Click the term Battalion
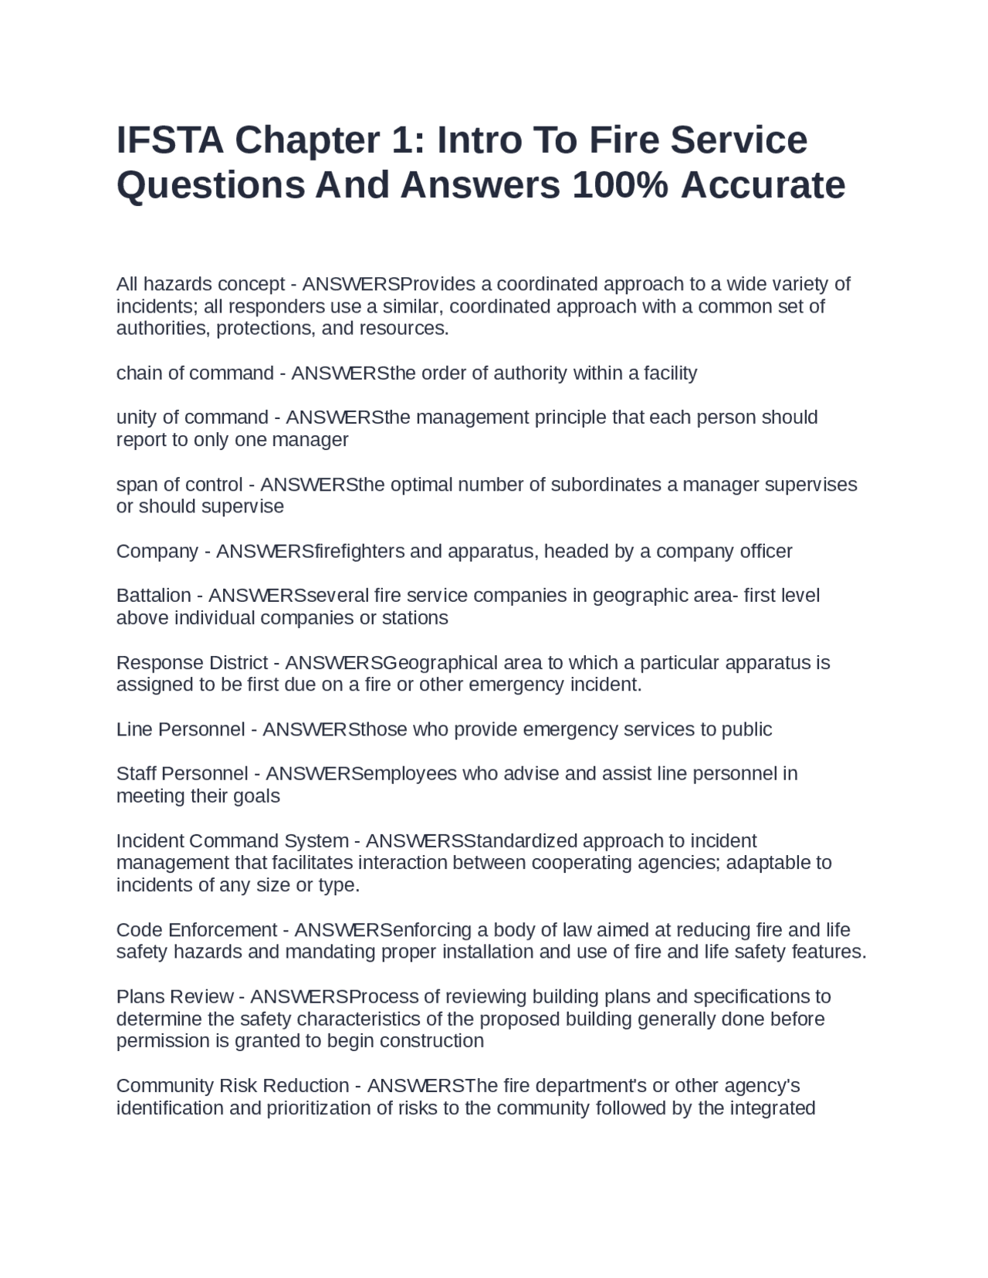pos(154,596)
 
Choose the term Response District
pos(192,663)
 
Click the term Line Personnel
pos(181,730)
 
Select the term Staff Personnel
pos(182,774)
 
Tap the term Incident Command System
pos(232,841)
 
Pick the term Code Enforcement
pos(197,930)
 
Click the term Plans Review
pos(175,997)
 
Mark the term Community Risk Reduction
pos(232,1086)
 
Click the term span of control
pos(179,485)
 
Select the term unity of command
pos(192,418)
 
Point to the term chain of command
pos(195,374)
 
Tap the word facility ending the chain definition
pos(671,374)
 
